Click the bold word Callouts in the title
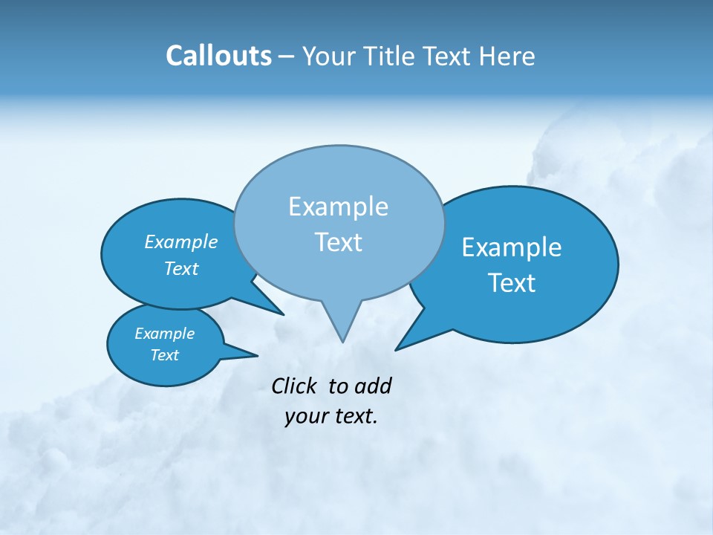(218, 56)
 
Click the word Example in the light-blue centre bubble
(338, 207)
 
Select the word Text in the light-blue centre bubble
(338, 242)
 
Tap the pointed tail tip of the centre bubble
(342, 342)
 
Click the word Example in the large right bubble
(512, 247)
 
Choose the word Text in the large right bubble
(512, 283)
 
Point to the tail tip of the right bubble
(396, 349)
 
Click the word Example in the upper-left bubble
(181, 242)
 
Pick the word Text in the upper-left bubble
(181, 268)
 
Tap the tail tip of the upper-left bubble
(284, 314)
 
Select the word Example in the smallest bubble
(164, 334)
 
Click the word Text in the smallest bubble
(164, 355)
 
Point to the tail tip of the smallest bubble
(257, 355)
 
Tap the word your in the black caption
(306, 416)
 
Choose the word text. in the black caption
(354, 416)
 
